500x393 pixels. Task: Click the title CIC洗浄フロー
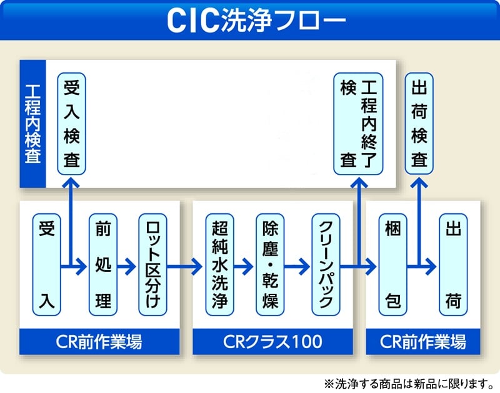[x=250, y=20]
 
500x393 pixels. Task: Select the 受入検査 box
[x=72, y=124]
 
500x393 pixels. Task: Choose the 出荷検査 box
[x=419, y=124]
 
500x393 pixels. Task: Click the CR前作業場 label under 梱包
[x=423, y=341]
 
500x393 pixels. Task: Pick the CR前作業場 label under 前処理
[x=100, y=341]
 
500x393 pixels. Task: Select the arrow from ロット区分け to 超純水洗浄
[x=185, y=267]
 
